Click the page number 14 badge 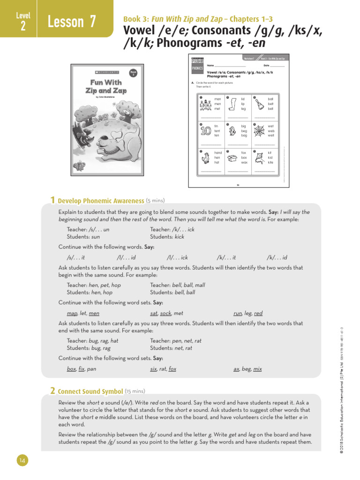(22, 461)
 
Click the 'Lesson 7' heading (72, 22)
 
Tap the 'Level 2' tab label (22, 22)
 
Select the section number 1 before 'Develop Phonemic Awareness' (53, 200)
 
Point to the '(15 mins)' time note (135, 391)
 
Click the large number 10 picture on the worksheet (205, 131)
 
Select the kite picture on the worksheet (258, 158)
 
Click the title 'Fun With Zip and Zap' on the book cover (106, 86)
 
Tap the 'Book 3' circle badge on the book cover (133, 74)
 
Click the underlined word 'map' (72, 313)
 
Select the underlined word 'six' (153, 369)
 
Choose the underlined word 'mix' (257, 369)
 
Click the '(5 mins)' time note (155, 200)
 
